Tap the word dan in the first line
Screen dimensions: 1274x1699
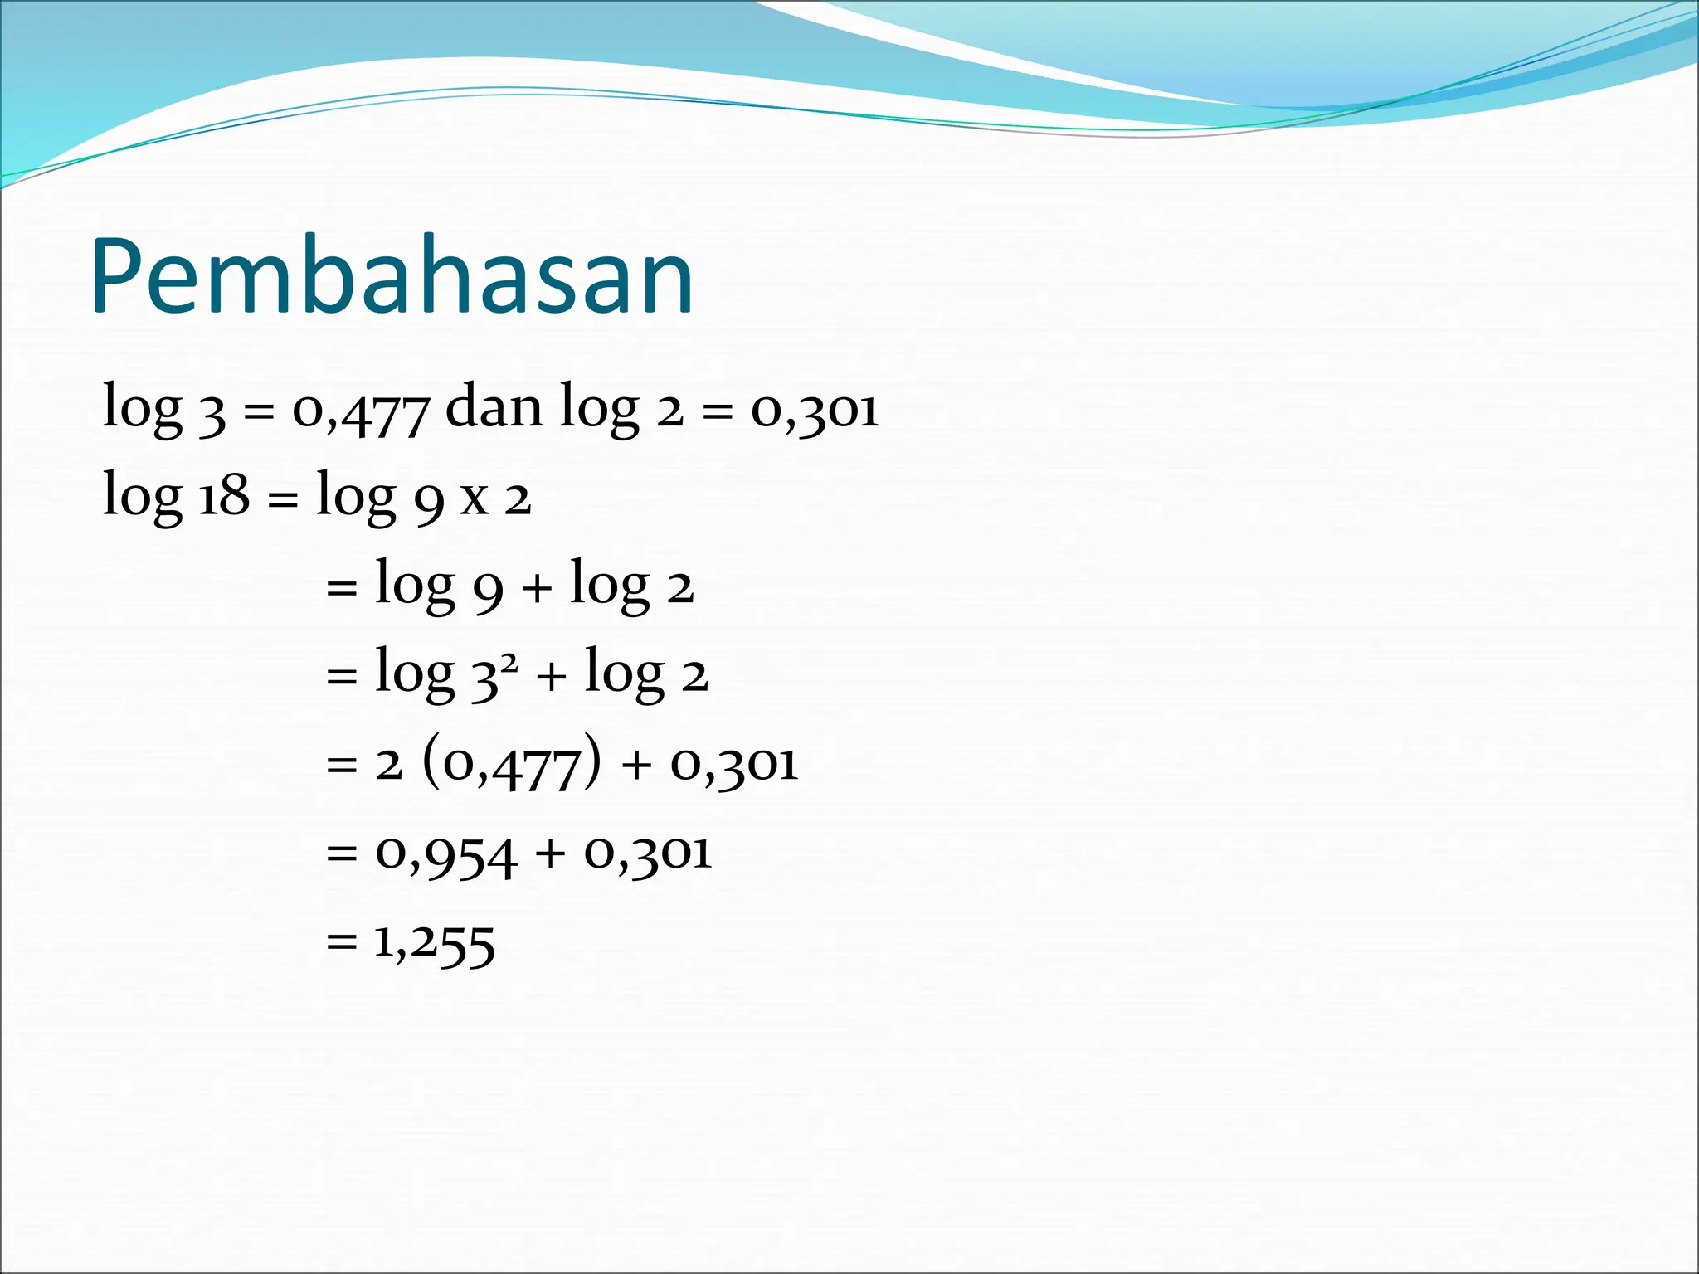(x=494, y=407)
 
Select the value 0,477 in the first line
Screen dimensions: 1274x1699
(x=361, y=411)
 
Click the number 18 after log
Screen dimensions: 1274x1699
(x=224, y=496)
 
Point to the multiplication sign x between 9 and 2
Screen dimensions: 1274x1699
(x=475, y=498)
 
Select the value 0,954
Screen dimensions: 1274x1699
(x=446, y=854)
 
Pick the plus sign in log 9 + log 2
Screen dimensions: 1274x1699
(x=537, y=588)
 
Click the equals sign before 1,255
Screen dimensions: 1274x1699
(x=342, y=942)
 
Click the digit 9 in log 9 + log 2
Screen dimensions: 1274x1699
(x=488, y=590)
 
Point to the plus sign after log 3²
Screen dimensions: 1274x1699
(x=552, y=677)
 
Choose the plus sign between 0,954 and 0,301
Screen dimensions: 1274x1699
(x=550, y=854)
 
